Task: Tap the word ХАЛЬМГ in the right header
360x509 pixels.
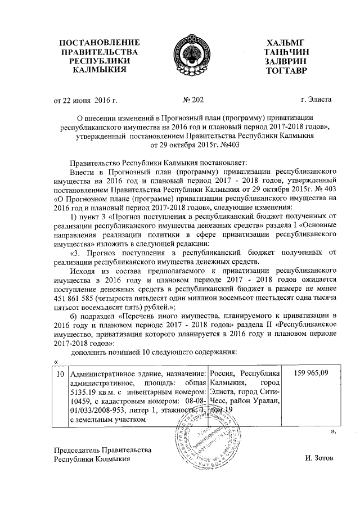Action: click(289, 43)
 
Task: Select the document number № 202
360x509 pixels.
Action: click(193, 100)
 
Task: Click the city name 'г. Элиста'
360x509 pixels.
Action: click(316, 100)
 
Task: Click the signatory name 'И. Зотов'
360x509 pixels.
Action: click(319, 458)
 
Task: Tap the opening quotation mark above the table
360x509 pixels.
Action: click(55, 362)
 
